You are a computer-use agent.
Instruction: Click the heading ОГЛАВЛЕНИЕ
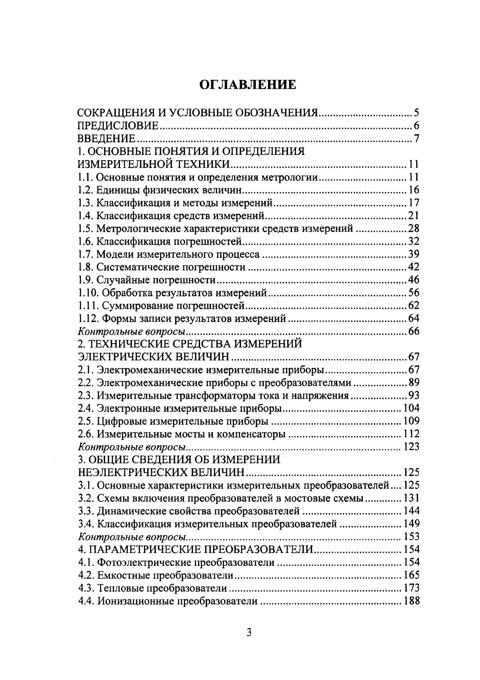click(248, 85)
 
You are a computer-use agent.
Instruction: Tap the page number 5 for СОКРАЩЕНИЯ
click(416, 113)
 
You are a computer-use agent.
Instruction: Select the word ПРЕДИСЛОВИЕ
click(118, 126)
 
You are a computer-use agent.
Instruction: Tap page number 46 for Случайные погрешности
click(413, 280)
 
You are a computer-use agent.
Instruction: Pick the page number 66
click(413, 331)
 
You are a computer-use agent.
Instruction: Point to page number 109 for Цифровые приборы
click(412, 421)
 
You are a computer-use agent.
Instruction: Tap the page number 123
click(412, 447)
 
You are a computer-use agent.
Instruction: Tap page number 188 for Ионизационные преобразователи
click(412, 601)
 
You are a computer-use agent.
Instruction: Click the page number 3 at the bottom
click(249, 641)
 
